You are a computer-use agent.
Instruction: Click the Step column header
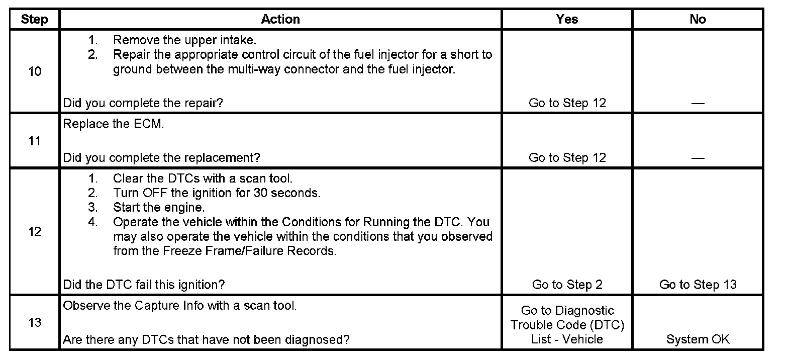pyautogui.click(x=35, y=20)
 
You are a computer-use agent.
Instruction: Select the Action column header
pyautogui.click(x=280, y=20)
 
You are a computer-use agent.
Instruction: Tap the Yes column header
pyautogui.click(x=567, y=20)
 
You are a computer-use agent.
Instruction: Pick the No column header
pyautogui.click(x=698, y=20)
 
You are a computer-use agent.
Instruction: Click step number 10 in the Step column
pyautogui.click(x=35, y=71)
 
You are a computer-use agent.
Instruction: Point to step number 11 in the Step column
pyautogui.click(x=35, y=141)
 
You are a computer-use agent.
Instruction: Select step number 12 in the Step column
pyautogui.click(x=35, y=232)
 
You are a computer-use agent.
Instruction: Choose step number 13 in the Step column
pyautogui.click(x=35, y=322)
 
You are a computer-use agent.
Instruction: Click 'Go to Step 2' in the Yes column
pyautogui.click(x=567, y=285)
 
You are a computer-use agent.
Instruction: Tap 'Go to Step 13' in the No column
pyautogui.click(x=698, y=285)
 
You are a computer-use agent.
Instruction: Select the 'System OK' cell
pyautogui.click(x=698, y=339)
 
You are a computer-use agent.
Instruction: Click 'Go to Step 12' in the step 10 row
pyautogui.click(x=567, y=103)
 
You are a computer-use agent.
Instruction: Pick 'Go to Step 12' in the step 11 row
pyautogui.click(x=567, y=157)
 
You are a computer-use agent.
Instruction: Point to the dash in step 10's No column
pyautogui.click(x=698, y=104)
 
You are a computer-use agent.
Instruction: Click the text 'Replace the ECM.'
pyautogui.click(x=114, y=124)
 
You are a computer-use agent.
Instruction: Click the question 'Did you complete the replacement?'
pyautogui.click(x=161, y=157)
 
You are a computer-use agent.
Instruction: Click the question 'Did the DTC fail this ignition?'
pyautogui.click(x=144, y=285)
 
